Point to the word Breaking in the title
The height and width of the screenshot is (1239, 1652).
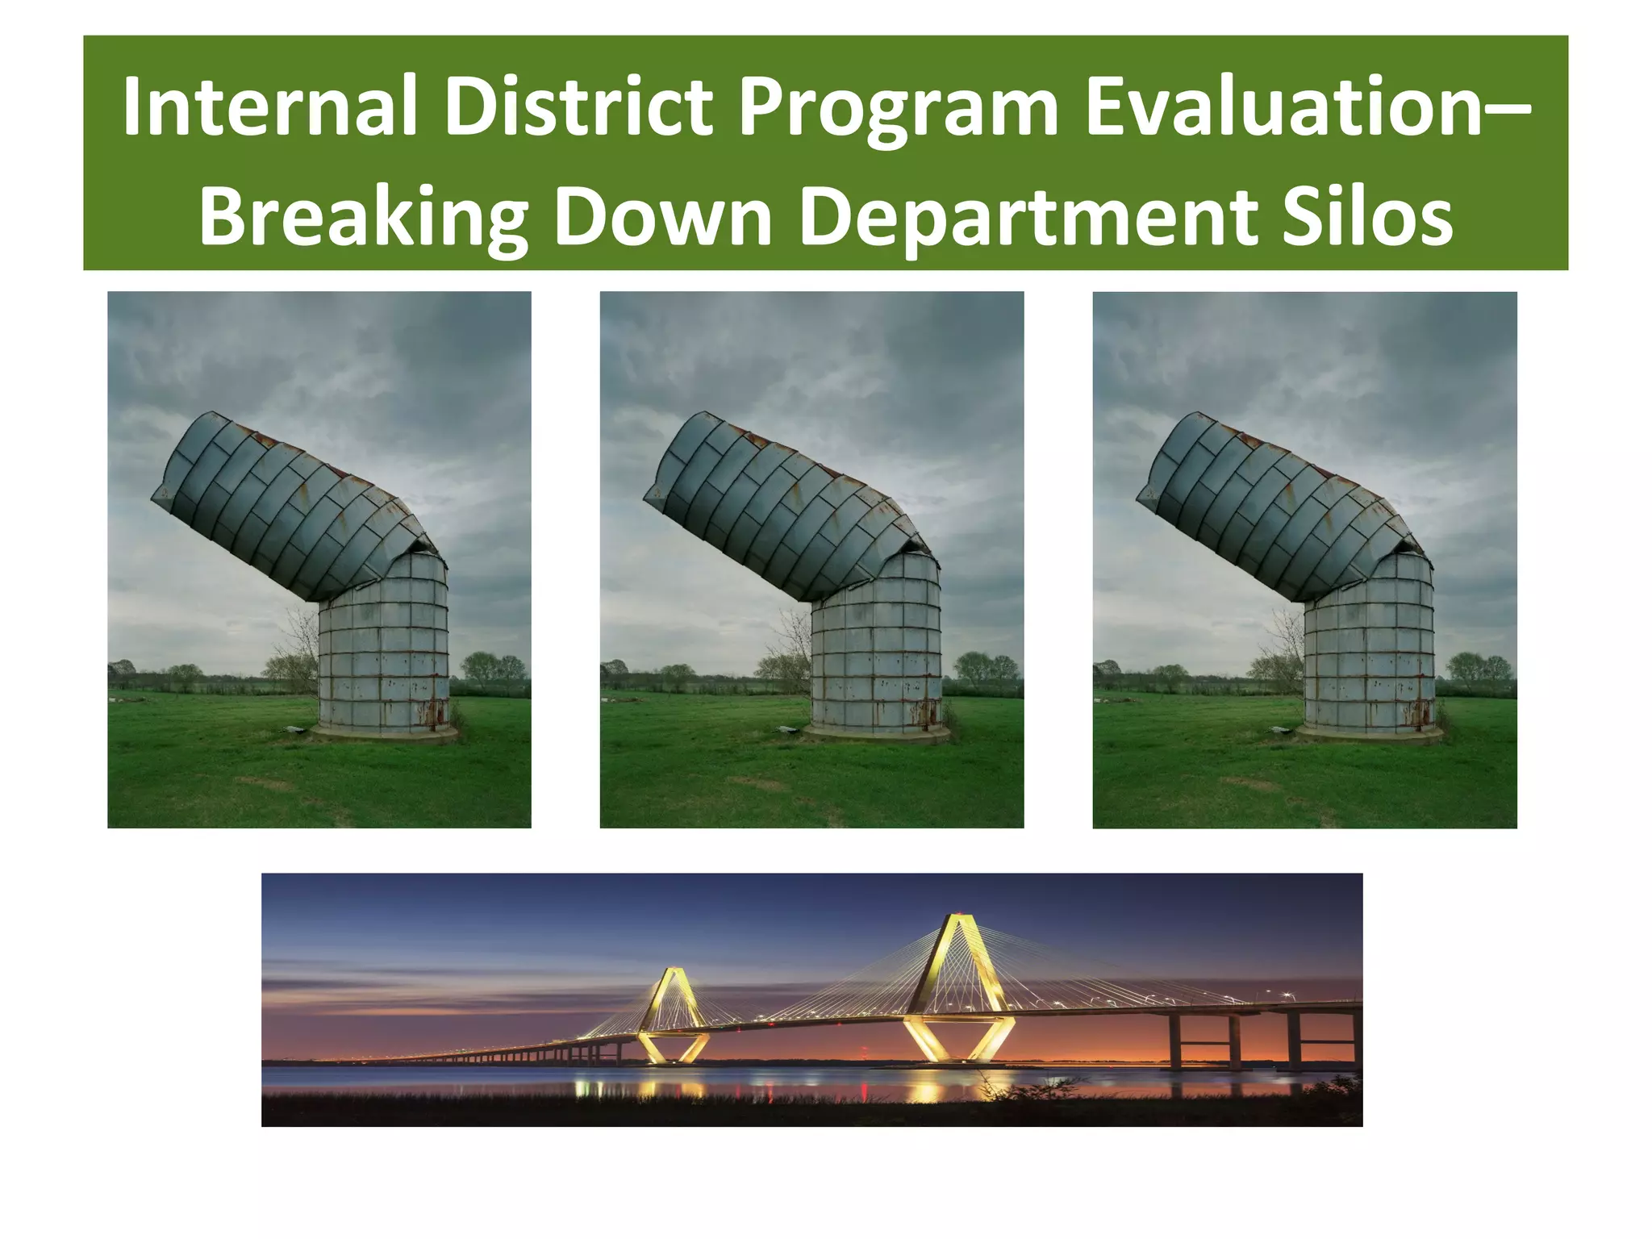[x=362, y=218]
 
